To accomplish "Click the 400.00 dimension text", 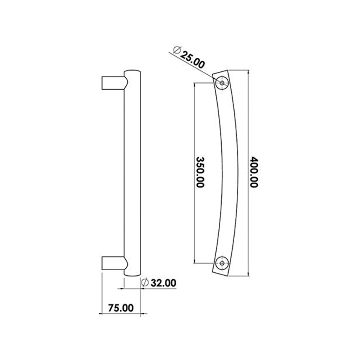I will pos(254,172).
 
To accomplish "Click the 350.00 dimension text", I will pos(200,172).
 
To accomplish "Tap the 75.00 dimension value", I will pos(120,308).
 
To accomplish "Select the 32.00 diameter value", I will pos(163,283).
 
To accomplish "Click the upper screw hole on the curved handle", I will pos(222,83).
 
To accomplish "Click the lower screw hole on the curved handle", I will pos(222,263).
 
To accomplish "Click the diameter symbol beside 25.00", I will pos(177,50).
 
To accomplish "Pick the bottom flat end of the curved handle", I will pos(220,274).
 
